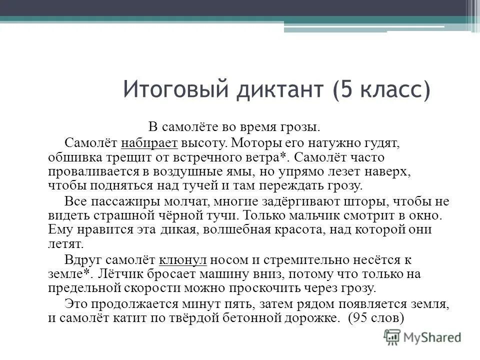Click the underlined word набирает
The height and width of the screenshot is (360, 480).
tap(149, 143)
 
